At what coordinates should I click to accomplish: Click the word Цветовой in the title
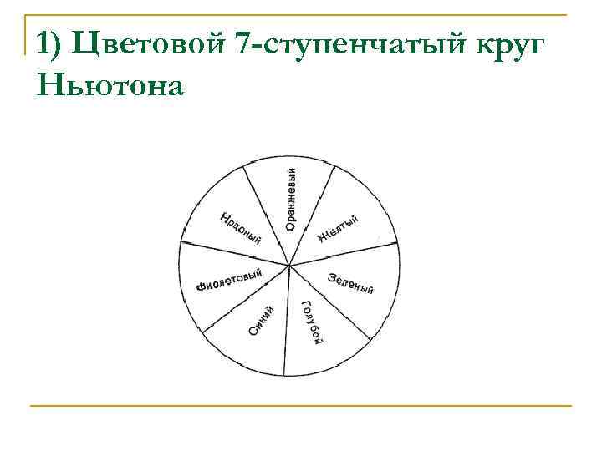click(x=147, y=45)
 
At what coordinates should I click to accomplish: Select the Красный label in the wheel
click(x=240, y=229)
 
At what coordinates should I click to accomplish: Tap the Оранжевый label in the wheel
click(x=290, y=200)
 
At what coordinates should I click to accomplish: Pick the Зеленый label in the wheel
click(x=350, y=283)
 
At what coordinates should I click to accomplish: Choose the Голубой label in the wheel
click(x=312, y=322)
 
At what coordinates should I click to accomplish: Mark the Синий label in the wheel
click(x=261, y=321)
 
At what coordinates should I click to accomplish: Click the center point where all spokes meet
click(x=289, y=266)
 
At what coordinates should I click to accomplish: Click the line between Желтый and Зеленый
click(x=344, y=256)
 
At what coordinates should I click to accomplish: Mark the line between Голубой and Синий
click(x=289, y=322)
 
